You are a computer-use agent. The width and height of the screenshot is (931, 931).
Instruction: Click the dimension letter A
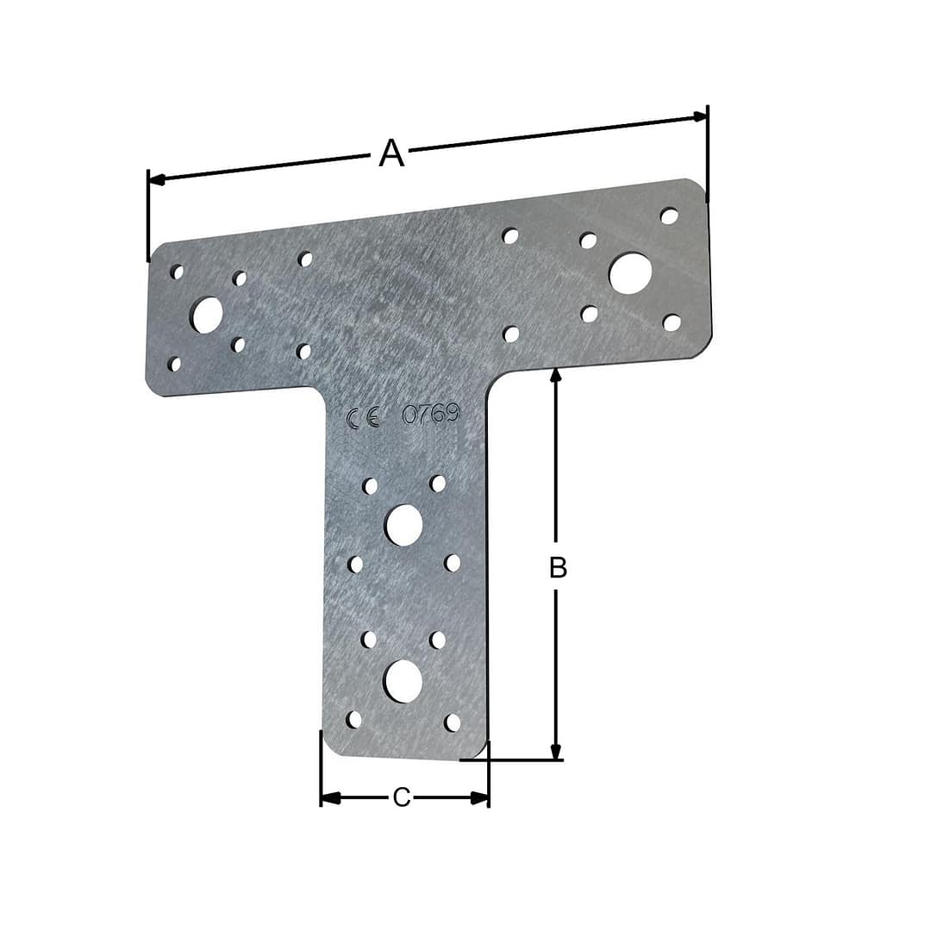pyautogui.click(x=391, y=153)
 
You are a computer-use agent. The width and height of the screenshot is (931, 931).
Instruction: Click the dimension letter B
pyautogui.click(x=558, y=567)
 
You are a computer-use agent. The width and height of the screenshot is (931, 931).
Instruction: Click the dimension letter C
pyautogui.click(x=402, y=797)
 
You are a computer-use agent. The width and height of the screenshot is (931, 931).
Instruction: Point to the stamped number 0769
pyautogui.click(x=431, y=413)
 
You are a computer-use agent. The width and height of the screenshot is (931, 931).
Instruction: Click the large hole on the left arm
pyautogui.click(x=206, y=315)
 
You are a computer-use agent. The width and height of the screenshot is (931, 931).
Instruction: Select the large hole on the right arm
pyautogui.click(x=630, y=273)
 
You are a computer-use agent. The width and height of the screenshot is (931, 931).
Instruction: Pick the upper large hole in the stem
pyautogui.click(x=403, y=524)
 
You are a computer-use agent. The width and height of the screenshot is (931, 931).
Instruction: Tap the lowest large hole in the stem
pyautogui.click(x=403, y=680)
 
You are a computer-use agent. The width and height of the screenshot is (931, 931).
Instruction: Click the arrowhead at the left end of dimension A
pyautogui.click(x=155, y=178)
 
